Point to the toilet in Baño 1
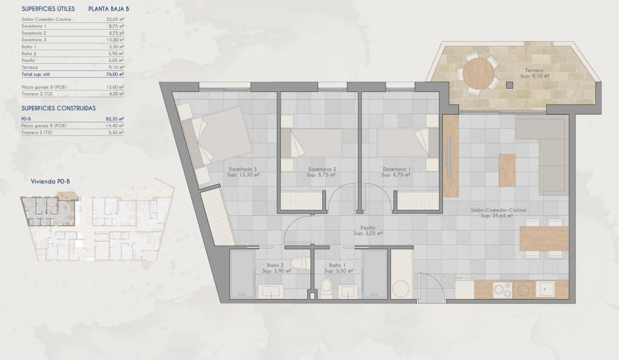point(326,288)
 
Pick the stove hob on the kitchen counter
point(502,290)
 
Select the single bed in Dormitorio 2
point(312,143)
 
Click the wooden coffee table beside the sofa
point(507,170)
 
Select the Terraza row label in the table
point(29,68)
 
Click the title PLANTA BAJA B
point(109,9)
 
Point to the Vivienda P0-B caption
point(50,182)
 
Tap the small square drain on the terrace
point(509,85)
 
